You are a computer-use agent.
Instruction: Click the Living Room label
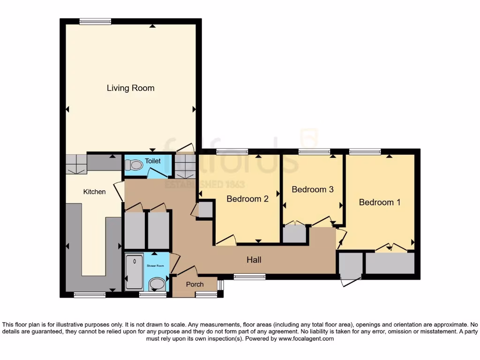click(x=130, y=88)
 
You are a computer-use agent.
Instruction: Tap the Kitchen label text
click(x=94, y=192)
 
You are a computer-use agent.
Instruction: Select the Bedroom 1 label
click(x=380, y=202)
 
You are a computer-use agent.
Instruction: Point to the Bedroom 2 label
click(x=247, y=199)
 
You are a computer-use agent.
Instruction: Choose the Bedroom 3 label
click(x=312, y=189)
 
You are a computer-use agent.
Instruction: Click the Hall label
click(x=254, y=260)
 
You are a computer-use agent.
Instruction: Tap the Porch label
click(x=195, y=285)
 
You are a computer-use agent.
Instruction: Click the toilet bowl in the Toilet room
click(x=135, y=165)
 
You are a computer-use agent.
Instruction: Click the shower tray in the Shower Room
click(x=135, y=271)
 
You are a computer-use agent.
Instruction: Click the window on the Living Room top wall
click(x=95, y=21)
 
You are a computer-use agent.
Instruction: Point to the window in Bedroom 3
click(x=314, y=151)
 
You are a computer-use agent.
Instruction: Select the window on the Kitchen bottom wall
click(x=90, y=295)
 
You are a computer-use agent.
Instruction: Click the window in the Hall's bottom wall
click(x=249, y=277)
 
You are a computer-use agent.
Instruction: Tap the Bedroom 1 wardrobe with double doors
click(x=390, y=263)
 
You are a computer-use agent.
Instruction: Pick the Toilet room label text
click(x=152, y=161)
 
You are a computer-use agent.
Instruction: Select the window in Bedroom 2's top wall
click(x=232, y=151)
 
